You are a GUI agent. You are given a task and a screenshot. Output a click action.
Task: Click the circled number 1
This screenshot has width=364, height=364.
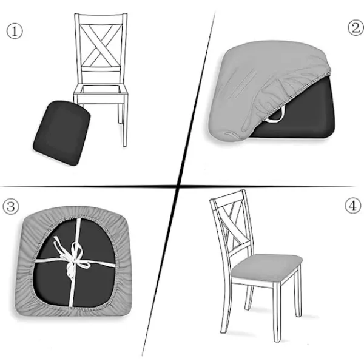(x=15, y=32)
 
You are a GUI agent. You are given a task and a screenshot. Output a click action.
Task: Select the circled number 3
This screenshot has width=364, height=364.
(x=10, y=207)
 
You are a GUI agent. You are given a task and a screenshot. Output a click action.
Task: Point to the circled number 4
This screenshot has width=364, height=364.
(x=353, y=206)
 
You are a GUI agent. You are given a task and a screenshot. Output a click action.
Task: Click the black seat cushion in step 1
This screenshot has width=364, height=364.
(x=62, y=133)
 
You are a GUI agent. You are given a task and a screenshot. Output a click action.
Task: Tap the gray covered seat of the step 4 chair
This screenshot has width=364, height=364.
(x=267, y=268)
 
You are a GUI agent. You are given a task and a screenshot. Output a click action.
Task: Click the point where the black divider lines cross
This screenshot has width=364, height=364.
(x=178, y=186)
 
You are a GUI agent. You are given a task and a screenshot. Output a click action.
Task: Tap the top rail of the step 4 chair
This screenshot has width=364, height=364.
(x=227, y=197)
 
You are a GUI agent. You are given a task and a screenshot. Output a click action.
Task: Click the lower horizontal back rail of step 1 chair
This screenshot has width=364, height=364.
(x=101, y=69)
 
